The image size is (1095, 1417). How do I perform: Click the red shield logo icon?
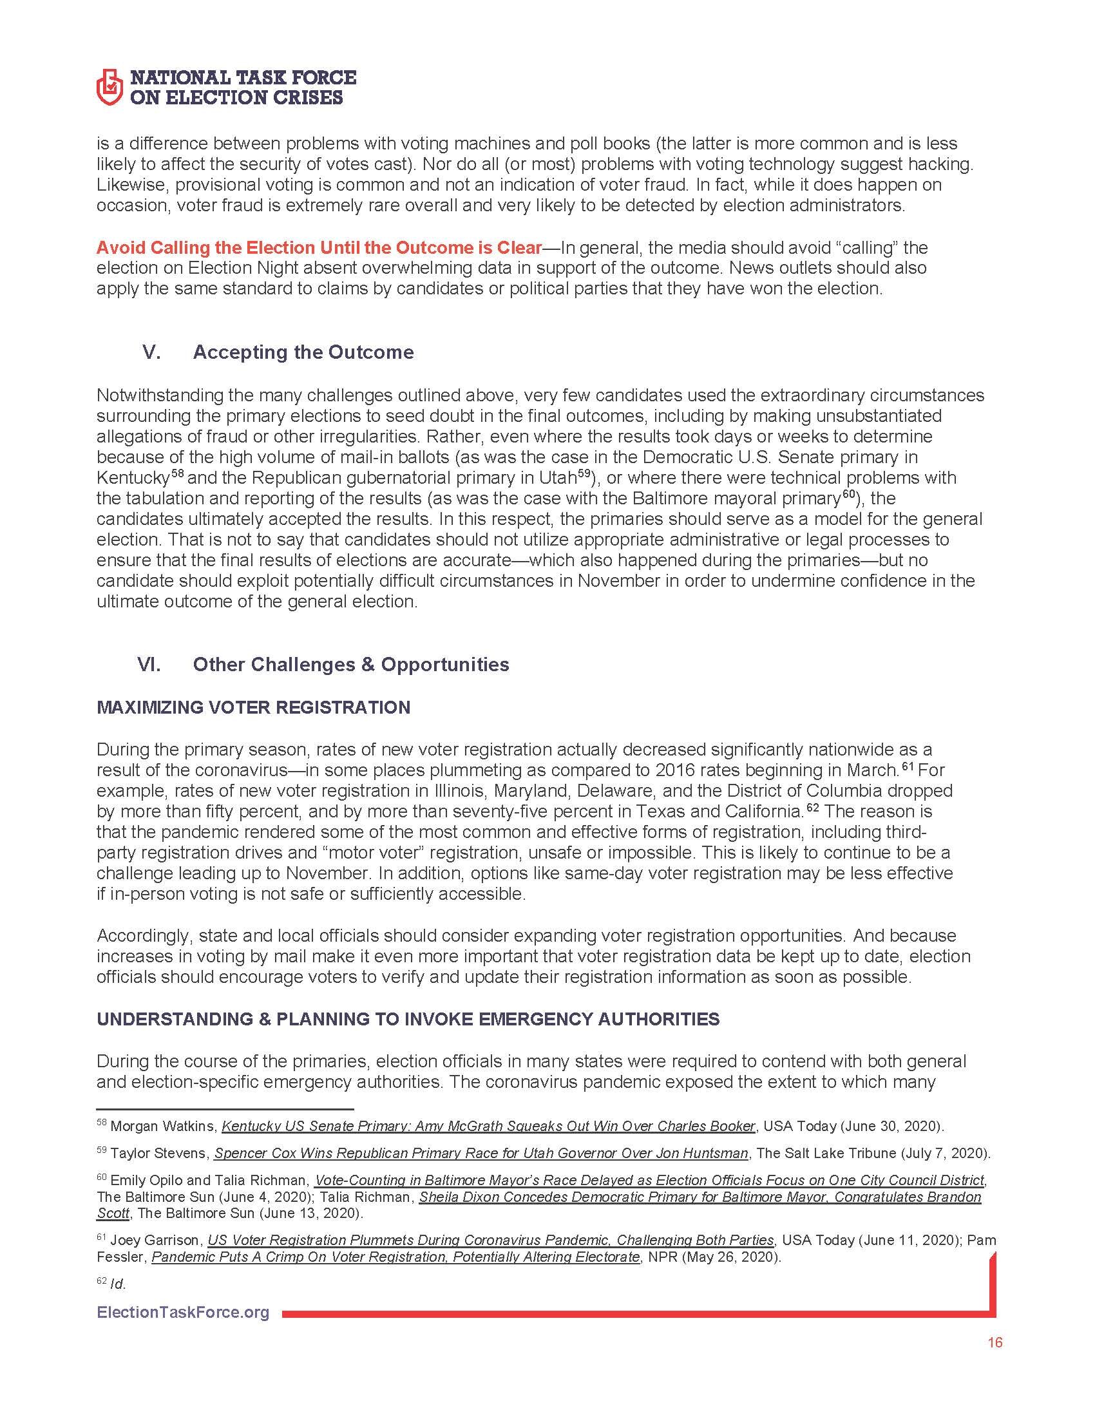[x=109, y=87]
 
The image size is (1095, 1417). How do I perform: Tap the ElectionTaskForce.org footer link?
[x=183, y=1313]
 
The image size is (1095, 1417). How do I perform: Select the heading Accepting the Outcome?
[x=303, y=352]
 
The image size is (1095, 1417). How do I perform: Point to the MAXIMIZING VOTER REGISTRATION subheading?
[x=253, y=707]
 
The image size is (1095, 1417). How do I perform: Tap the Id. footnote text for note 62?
[x=118, y=1284]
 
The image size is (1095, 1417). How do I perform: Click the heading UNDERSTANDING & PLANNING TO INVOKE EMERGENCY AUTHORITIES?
[x=408, y=1020]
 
